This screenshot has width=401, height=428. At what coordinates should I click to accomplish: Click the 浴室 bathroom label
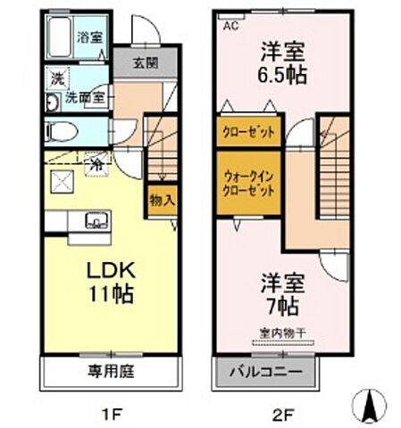(x=88, y=37)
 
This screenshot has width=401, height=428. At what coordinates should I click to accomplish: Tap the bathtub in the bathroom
(x=60, y=37)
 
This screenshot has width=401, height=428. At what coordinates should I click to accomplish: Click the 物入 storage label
(x=161, y=200)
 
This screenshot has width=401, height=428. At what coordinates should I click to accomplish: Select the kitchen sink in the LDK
(x=95, y=218)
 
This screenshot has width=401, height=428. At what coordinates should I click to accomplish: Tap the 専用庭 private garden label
(x=110, y=370)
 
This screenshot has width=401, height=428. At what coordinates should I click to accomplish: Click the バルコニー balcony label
(x=266, y=371)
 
